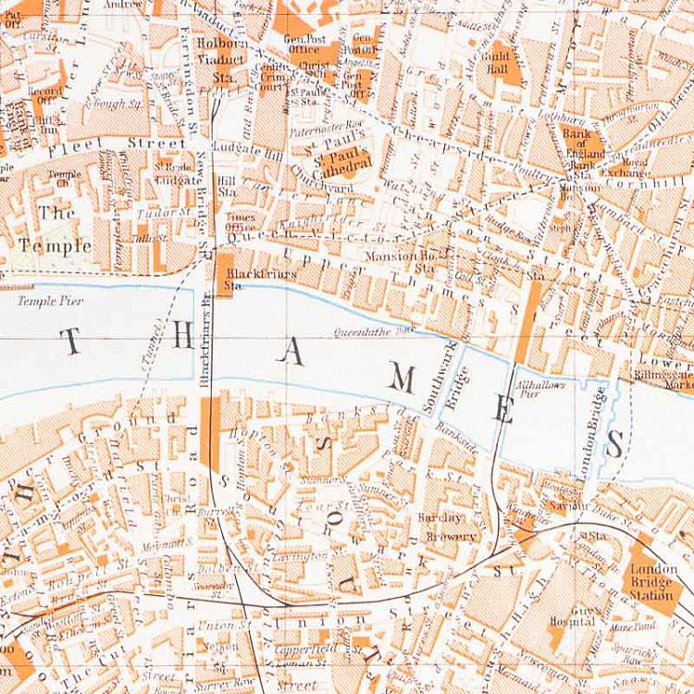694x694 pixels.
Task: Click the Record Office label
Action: click(x=44, y=96)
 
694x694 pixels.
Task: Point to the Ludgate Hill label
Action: click(x=241, y=146)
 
